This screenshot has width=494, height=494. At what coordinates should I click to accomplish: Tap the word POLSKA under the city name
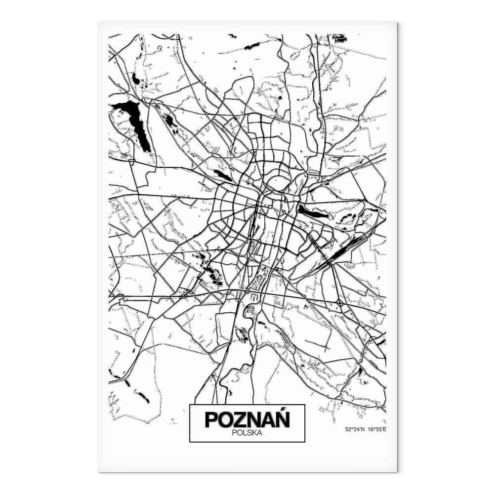point(247,433)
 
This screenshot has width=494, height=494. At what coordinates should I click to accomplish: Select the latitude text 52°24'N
point(355,429)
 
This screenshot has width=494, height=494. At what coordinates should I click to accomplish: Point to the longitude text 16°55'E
point(377,429)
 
